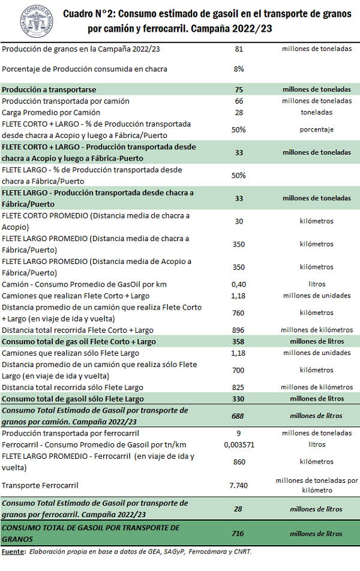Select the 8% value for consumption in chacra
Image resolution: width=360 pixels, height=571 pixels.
(239, 69)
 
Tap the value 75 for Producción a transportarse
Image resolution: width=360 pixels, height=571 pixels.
(239, 89)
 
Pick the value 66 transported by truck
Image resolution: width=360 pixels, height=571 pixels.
(239, 101)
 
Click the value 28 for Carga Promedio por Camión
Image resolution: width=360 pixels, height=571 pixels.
(239, 112)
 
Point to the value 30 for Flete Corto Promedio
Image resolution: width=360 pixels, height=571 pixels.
(239, 221)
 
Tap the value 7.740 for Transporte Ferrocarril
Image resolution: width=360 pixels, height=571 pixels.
(239, 485)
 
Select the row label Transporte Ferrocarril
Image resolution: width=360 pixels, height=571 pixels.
(41, 485)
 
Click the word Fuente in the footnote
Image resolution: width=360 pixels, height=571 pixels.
(13, 551)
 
